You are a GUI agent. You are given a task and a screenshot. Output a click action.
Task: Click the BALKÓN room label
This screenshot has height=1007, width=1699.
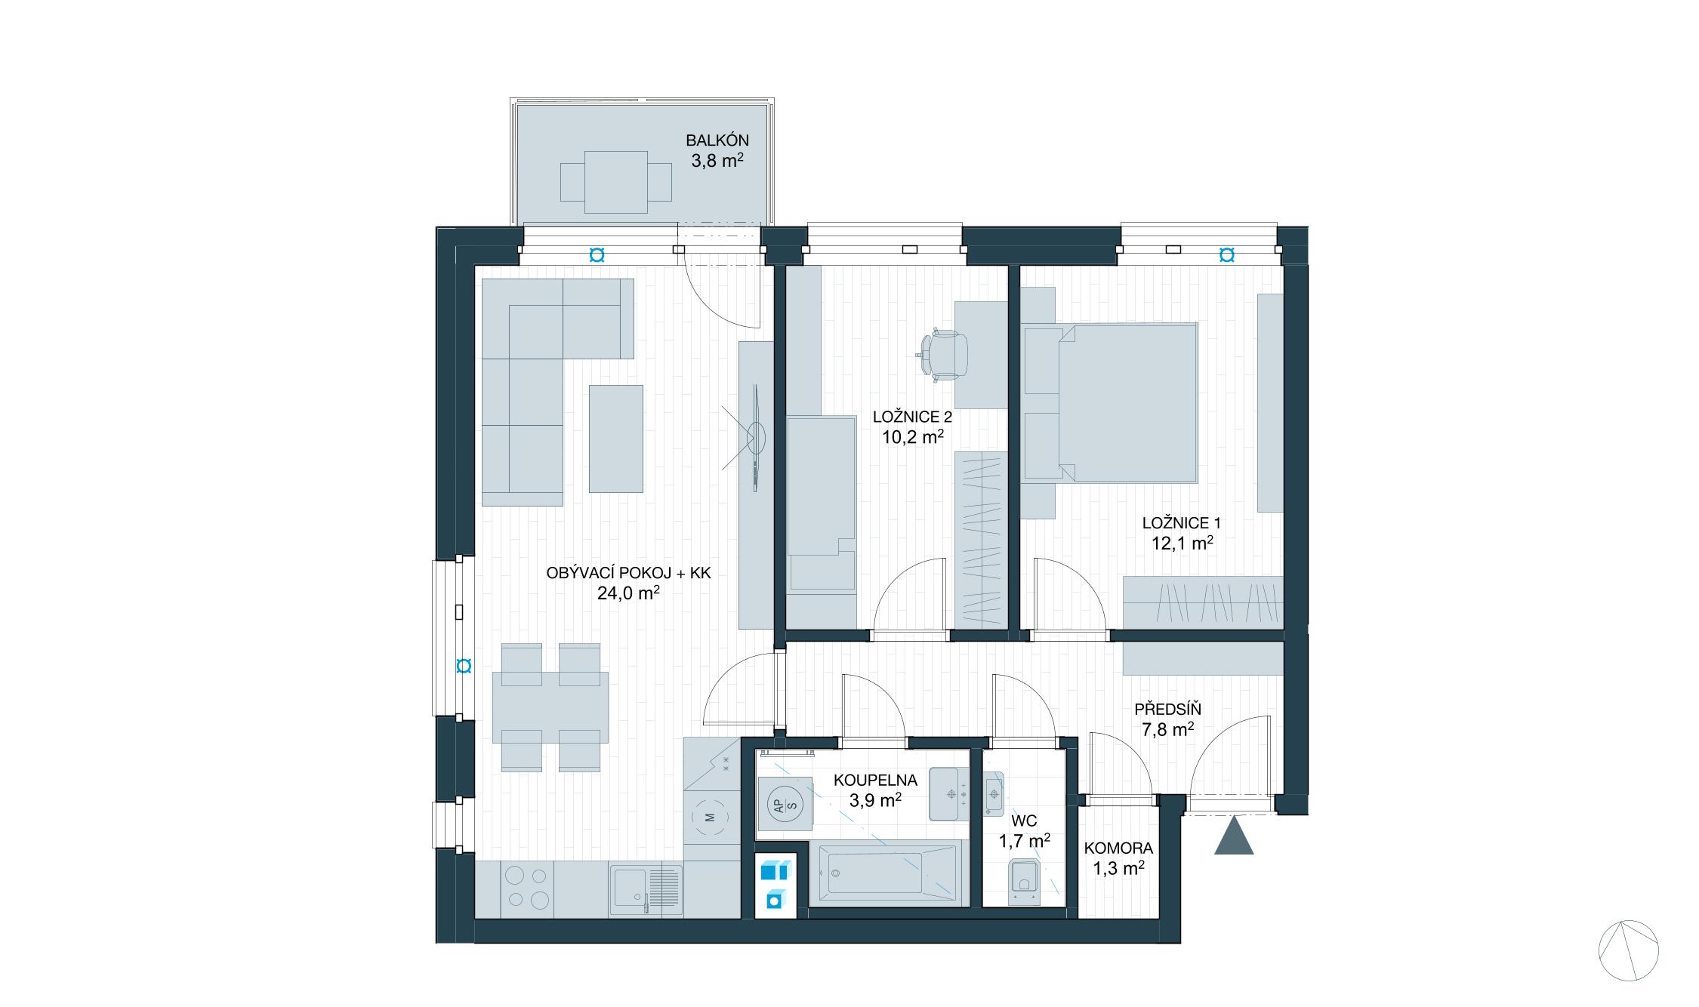click(717, 140)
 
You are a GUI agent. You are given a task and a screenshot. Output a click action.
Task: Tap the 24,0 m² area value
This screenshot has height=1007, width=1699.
click(628, 593)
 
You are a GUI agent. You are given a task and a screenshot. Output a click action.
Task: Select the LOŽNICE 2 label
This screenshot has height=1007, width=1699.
click(912, 417)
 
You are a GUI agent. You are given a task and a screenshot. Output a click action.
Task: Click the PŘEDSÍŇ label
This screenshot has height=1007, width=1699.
click(1167, 710)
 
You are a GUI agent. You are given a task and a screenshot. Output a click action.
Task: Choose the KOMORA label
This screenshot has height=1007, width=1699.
click(1118, 848)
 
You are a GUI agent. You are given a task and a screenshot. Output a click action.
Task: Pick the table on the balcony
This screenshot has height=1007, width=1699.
click(615, 182)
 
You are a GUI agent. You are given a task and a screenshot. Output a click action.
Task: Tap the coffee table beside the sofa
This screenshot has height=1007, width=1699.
click(615, 439)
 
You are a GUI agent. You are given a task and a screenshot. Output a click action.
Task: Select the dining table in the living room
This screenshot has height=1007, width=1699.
click(550, 707)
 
